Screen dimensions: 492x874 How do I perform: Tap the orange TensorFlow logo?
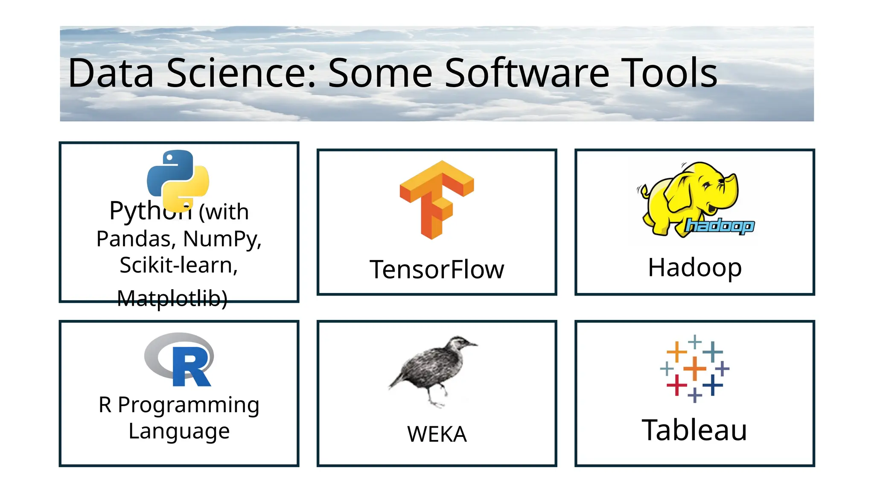tap(436, 199)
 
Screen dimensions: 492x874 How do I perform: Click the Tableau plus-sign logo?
tap(694, 368)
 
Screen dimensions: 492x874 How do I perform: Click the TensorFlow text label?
tap(437, 269)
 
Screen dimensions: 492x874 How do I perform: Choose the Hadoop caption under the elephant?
tap(694, 268)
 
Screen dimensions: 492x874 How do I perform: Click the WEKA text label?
tap(437, 434)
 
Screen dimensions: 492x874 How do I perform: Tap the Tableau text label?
tap(694, 430)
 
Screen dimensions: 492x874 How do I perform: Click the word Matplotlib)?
tap(172, 298)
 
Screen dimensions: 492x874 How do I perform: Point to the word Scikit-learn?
tap(178, 265)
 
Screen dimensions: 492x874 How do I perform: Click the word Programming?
tap(188, 405)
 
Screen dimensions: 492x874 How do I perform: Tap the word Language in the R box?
tap(179, 431)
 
